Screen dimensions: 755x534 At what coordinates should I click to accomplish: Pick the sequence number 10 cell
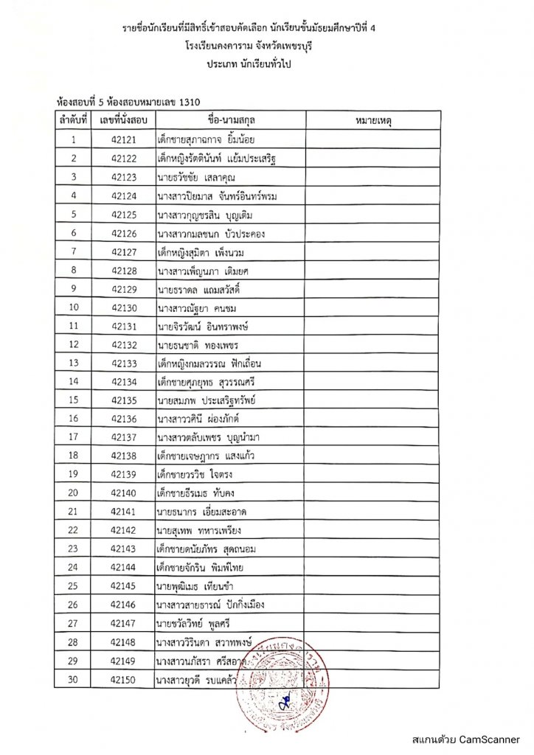[73, 307]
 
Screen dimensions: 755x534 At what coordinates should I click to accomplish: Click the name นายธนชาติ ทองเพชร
[199, 344]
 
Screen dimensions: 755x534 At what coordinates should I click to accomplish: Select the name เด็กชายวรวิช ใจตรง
[199, 475]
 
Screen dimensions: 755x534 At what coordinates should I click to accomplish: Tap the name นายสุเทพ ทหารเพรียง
[199, 531]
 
